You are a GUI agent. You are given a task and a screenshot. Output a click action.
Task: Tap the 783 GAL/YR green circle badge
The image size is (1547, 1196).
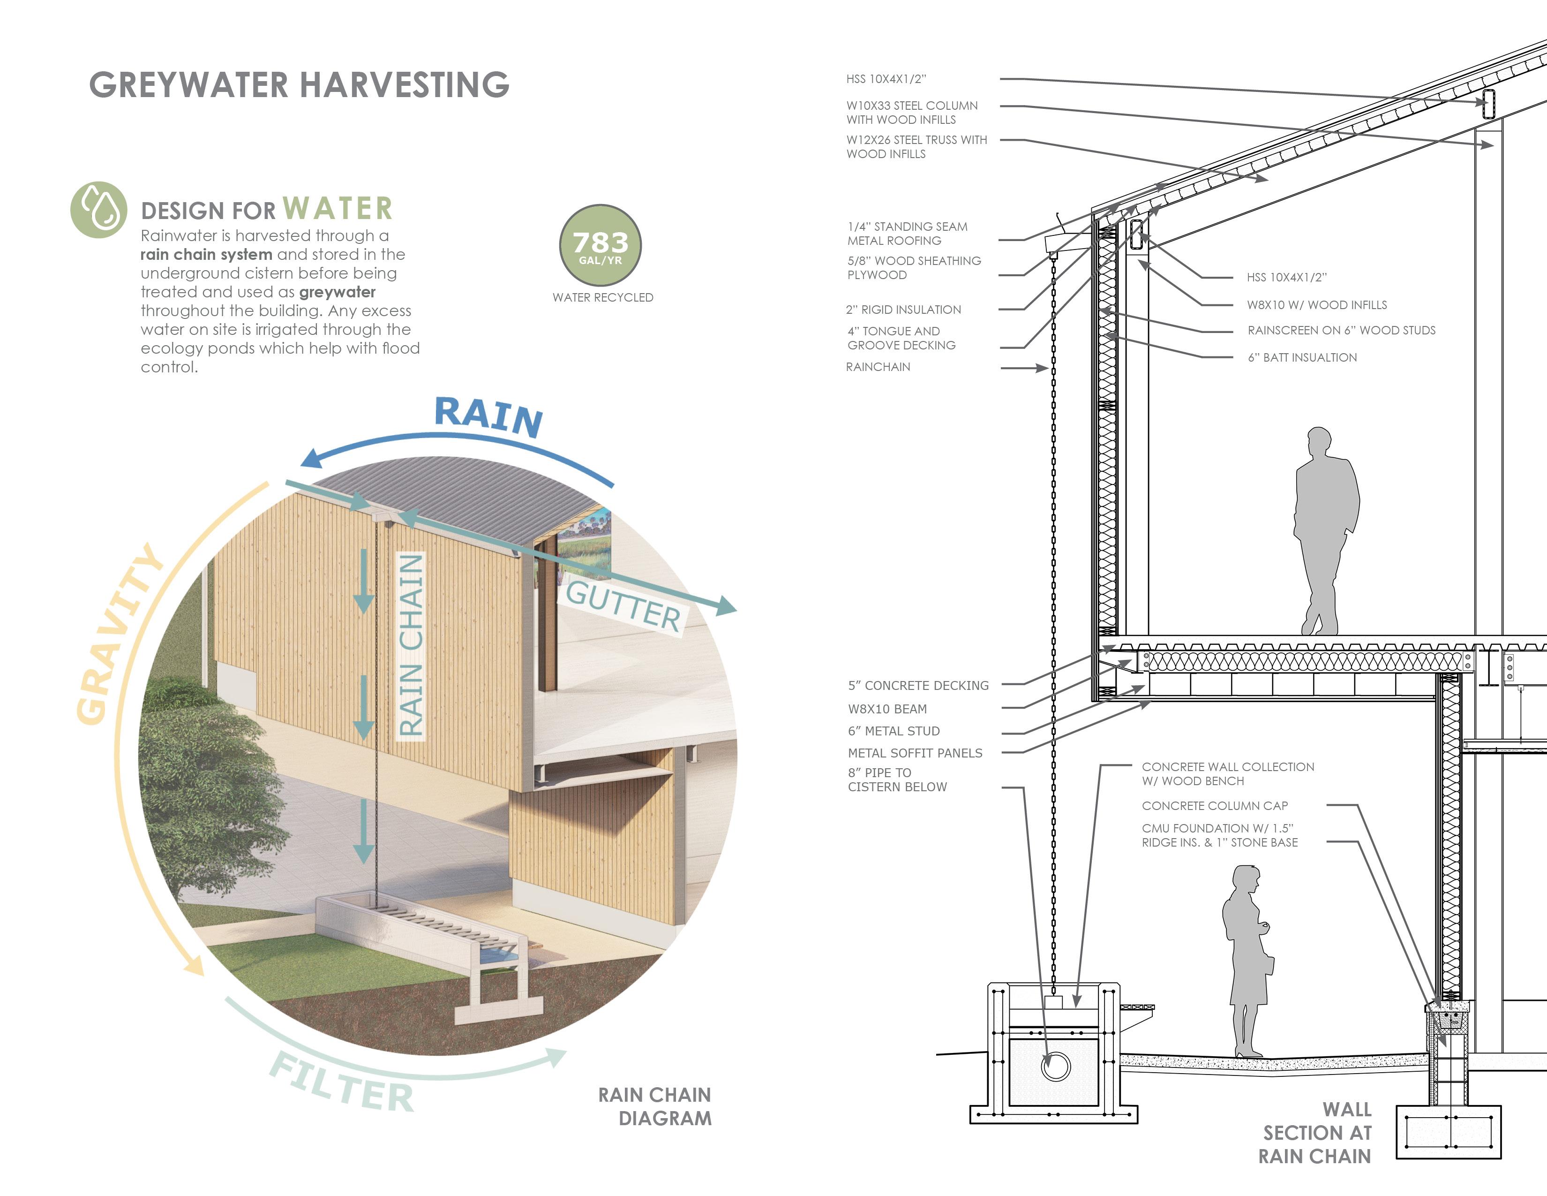tap(600, 245)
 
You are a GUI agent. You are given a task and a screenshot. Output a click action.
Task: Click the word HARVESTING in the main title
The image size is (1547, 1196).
tap(405, 85)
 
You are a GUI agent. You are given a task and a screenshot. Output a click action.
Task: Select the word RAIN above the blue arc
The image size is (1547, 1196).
tap(489, 416)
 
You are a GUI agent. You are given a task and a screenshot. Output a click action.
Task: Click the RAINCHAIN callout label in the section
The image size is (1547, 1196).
tap(878, 367)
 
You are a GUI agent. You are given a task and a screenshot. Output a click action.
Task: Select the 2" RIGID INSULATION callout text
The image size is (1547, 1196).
tap(903, 310)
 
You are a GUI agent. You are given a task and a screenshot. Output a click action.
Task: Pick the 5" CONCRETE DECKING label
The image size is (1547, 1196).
tap(918, 685)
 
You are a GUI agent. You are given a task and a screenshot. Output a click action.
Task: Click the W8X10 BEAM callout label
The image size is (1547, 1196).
tap(887, 709)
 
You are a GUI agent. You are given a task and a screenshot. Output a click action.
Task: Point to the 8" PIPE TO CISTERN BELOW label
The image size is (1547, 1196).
tap(897, 780)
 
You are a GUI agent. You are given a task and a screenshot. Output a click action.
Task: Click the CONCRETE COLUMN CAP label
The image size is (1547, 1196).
tap(1214, 806)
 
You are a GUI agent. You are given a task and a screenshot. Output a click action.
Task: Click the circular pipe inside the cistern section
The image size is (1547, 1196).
tap(1055, 1066)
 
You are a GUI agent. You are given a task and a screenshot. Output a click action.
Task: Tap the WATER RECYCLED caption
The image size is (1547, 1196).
tap(603, 297)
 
